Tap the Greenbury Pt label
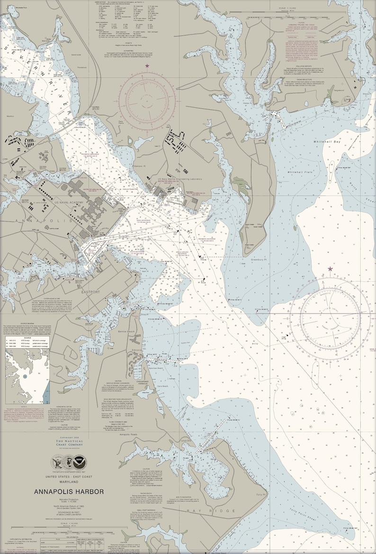260,259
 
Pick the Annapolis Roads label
131,434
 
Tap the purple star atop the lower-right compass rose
330,269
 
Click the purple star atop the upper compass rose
147,66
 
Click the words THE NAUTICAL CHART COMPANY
69,443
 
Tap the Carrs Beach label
162,387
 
